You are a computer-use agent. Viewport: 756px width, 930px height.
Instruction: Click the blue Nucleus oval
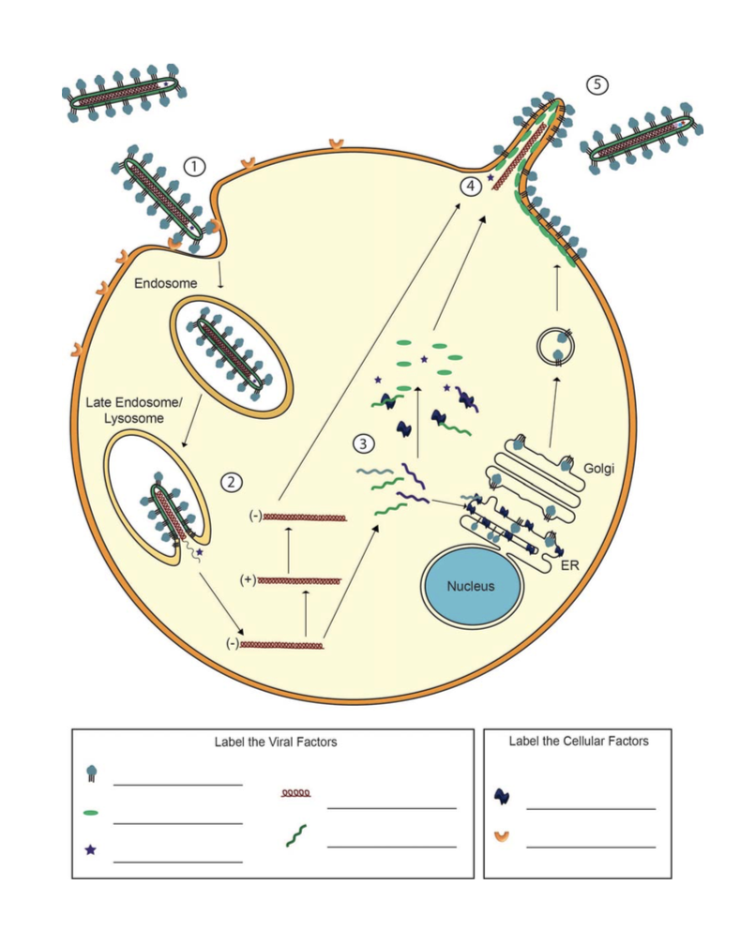click(470, 586)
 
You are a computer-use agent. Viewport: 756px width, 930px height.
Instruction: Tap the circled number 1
click(194, 167)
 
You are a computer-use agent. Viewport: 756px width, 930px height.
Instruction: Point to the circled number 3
click(363, 444)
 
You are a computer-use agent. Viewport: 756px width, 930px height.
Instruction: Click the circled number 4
click(471, 186)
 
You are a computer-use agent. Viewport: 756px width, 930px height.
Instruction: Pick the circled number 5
click(597, 84)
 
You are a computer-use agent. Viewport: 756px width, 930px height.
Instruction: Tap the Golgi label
click(597, 468)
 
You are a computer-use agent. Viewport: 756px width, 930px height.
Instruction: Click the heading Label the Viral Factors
click(275, 742)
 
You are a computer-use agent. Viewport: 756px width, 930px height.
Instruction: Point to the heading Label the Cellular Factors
click(578, 741)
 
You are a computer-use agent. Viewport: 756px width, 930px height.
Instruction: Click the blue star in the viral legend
click(90, 850)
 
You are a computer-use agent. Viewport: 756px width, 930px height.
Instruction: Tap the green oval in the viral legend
click(91, 812)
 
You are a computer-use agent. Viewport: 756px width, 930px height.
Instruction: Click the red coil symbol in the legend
click(296, 793)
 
